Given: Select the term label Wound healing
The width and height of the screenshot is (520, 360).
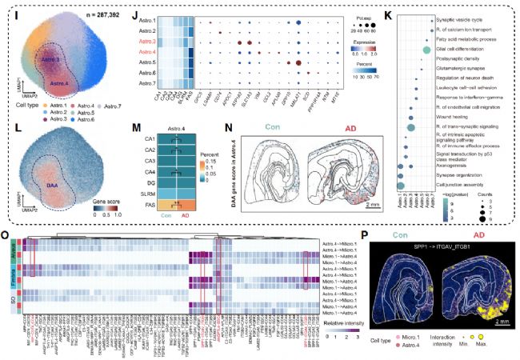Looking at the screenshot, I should click(462, 116).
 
